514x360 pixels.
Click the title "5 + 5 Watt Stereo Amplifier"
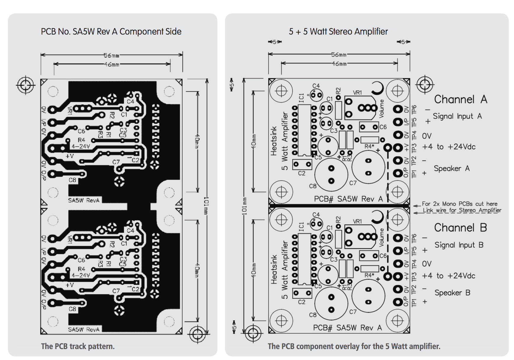click(338, 32)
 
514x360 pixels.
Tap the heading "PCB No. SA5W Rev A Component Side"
click(111, 32)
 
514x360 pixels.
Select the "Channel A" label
click(460, 100)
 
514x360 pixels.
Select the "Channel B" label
click(460, 228)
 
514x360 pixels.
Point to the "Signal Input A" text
click(457, 116)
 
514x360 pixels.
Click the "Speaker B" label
click(452, 293)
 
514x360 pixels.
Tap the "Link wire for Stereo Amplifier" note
click(462, 210)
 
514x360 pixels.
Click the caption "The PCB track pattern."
click(78, 346)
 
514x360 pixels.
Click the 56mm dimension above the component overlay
click(339, 55)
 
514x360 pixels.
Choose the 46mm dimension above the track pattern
click(111, 64)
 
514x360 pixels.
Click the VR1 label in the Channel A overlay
click(357, 93)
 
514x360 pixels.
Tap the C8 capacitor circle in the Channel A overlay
click(331, 174)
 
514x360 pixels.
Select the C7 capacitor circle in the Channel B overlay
click(368, 295)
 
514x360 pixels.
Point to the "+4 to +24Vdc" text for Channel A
click(448, 147)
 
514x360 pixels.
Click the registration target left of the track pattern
click(26, 85)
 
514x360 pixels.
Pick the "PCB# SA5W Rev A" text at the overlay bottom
click(347, 328)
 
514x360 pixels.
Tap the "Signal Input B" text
click(458, 245)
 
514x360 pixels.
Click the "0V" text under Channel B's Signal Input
click(427, 264)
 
